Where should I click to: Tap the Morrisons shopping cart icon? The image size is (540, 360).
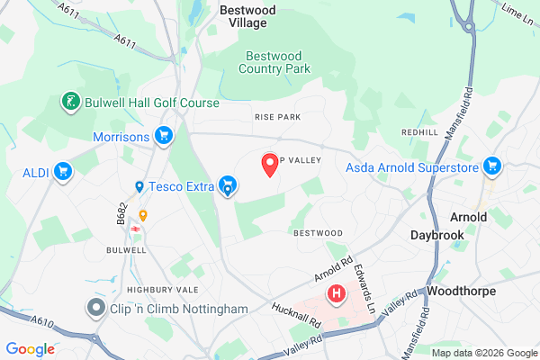tap(163, 136)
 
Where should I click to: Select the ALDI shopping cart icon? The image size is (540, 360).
tap(62, 171)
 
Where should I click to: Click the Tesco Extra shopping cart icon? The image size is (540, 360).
tap(229, 187)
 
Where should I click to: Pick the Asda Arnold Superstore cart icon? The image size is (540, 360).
tap(491, 166)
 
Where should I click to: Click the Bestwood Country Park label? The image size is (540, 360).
tap(276, 61)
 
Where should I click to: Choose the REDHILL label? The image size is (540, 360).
tap(419, 132)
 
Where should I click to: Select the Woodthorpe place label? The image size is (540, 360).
tap(462, 292)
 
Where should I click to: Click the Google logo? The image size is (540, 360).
tap(31, 349)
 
